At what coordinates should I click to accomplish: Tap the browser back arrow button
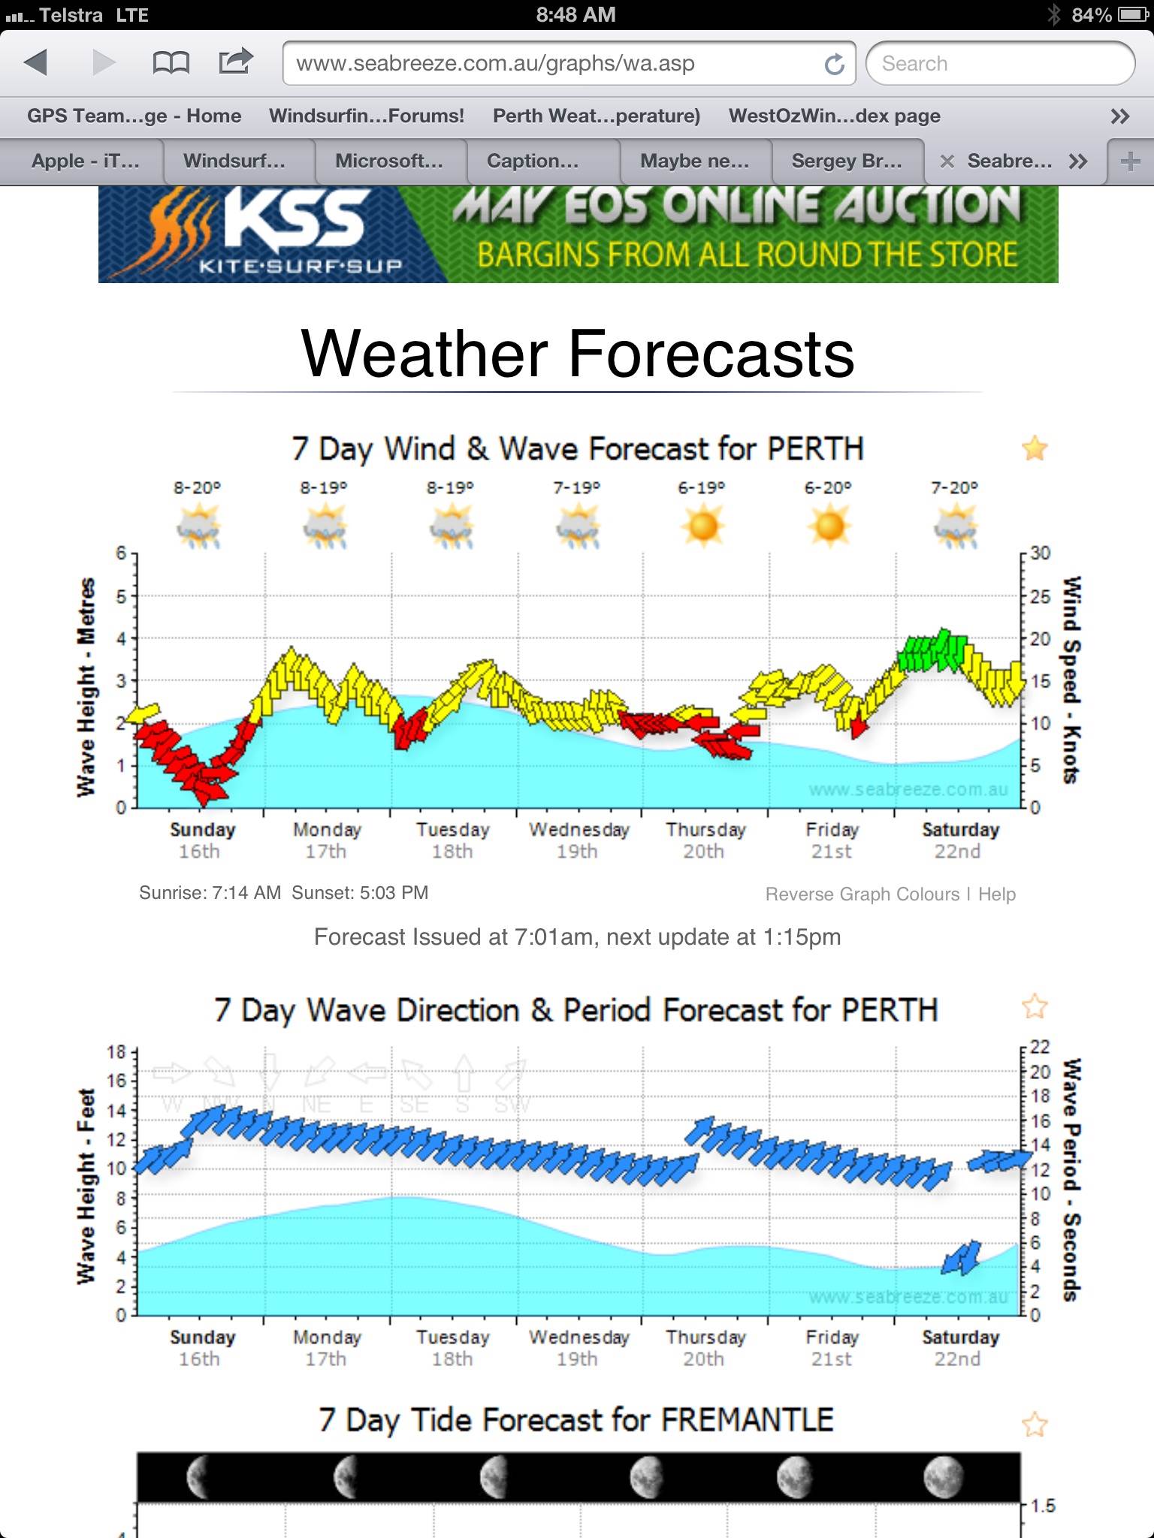35,62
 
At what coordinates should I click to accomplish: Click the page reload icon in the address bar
834,64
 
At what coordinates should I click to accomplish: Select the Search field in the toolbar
999,64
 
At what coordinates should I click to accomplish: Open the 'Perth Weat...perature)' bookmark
596,116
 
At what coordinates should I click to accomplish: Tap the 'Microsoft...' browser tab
389,161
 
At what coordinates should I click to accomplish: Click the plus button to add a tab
1130,161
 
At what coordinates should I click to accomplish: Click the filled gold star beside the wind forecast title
1035,448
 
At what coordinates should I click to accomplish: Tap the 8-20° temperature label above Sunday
197,487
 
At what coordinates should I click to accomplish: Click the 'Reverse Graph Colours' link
862,894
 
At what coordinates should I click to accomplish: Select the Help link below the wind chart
996,894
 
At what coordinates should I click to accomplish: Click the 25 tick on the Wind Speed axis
1041,596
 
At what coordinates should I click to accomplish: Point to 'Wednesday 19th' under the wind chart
579,840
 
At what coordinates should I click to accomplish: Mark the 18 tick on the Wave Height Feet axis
116,1052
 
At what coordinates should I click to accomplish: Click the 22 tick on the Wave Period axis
1041,1047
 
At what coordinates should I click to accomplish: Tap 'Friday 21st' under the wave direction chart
832,1348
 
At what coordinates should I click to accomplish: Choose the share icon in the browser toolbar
235,62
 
